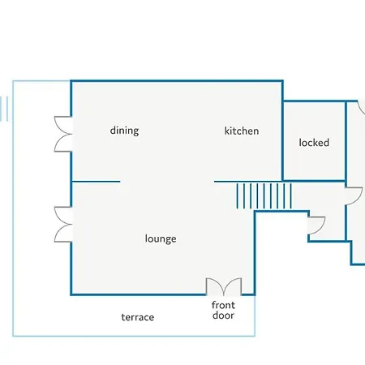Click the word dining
[x=124, y=131]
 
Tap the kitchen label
[x=242, y=131]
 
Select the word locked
[x=314, y=143]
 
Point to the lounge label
[x=161, y=239]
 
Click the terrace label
[x=138, y=317]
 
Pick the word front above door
[x=223, y=305]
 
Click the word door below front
[x=223, y=316]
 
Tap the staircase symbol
[x=264, y=196]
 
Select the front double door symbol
[x=224, y=286]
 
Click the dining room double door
[x=63, y=134]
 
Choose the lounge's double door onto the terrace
[x=63, y=225]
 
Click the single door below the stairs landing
[x=316, y=225]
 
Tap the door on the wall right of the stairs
[x=354, y=196]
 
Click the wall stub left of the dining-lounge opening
[x=96, y=182]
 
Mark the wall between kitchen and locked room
[x=282, y=140]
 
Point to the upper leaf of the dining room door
[x=63, y=125]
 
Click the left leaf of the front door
[x=215, y=286]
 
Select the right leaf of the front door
[x=233, y=286]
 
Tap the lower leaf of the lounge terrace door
[x=63, y=234]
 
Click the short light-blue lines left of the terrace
[x=4, y=109]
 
